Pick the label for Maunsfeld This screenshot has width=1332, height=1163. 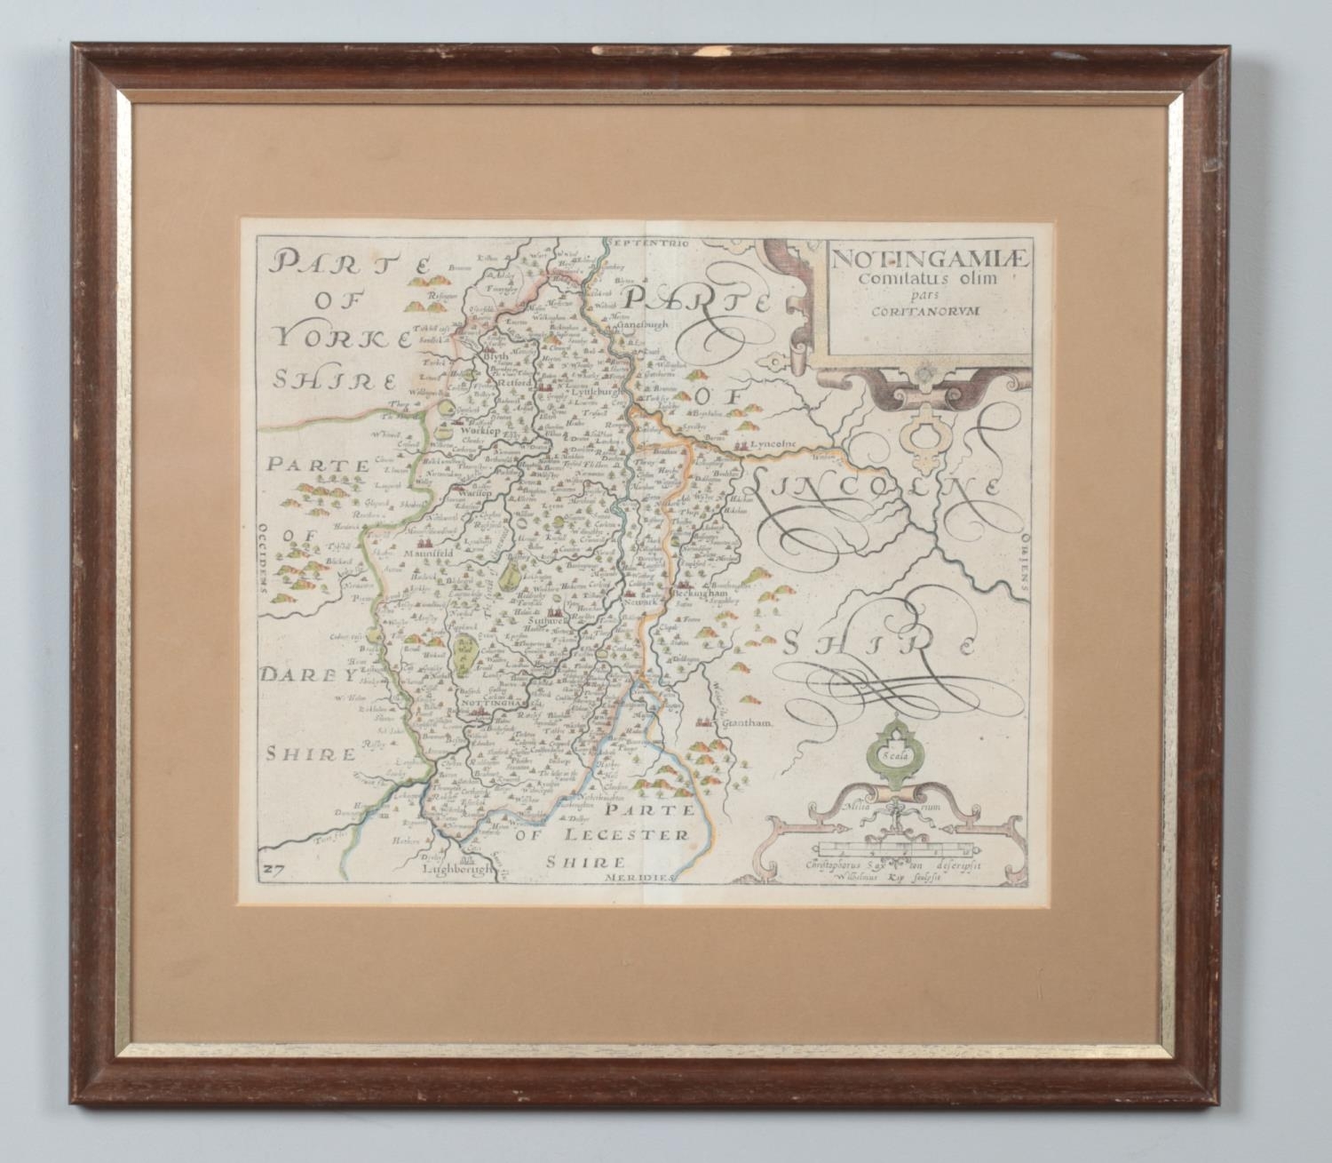coord(429,553)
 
